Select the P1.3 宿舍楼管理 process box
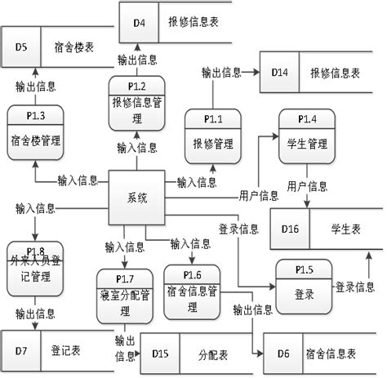click(34, 131)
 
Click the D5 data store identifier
click(21, 47)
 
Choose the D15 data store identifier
click(160, 354)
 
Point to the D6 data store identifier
click(282, 354)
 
